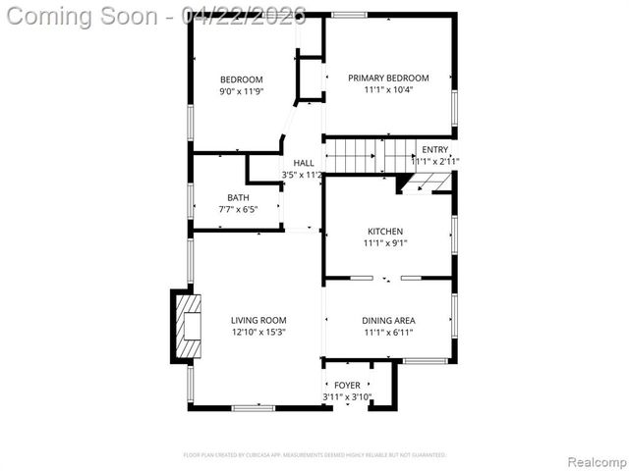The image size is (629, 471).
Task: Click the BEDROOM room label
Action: [241, 79]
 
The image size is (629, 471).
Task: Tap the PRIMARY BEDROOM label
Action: [388, 78]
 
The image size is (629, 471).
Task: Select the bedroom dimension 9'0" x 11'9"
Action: [241, 91]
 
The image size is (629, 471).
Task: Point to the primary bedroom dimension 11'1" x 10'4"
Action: [388, 90]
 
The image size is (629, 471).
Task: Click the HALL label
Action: [303, 163]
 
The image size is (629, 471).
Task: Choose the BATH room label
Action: [238, 197]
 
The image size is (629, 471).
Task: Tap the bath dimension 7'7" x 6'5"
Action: [238, 209]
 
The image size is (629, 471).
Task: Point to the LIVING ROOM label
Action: [258, 321]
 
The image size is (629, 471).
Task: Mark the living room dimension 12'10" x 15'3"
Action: [258, 333]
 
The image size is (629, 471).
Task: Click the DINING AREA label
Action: [389, 321]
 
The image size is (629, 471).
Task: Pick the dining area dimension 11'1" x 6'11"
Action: [389, 333]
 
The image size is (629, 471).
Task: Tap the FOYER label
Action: [347, 386]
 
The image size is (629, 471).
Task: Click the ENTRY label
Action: [434, 149]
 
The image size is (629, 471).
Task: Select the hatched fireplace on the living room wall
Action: [188, 328]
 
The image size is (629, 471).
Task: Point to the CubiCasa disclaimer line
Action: [314, 455]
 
